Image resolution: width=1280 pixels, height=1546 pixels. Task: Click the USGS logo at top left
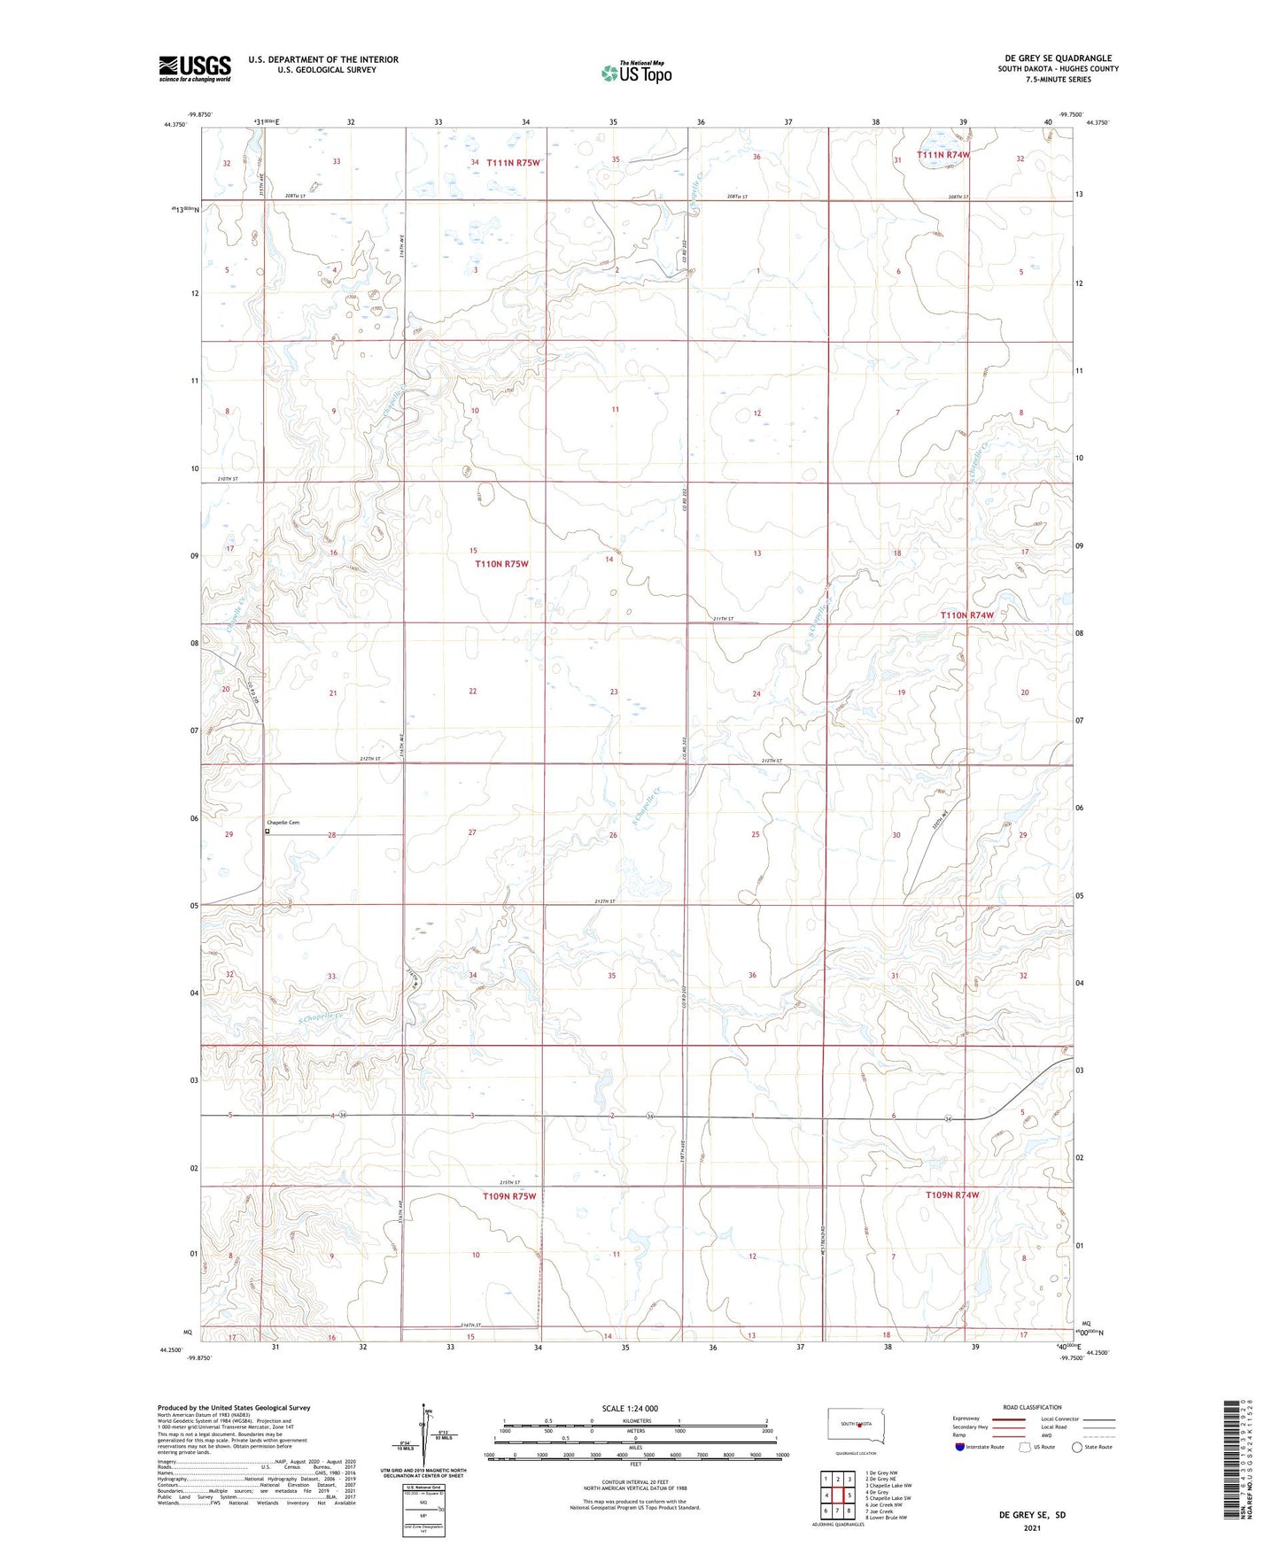[195, 68]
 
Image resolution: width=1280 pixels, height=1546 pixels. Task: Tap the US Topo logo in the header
[636, 72]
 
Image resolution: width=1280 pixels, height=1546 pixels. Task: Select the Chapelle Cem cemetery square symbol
[268, 831]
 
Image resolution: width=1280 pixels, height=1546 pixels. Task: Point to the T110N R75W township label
[501, 564]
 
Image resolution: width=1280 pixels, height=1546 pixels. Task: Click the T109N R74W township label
[952, 1194]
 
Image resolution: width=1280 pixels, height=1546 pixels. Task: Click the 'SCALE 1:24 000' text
[629, 1408]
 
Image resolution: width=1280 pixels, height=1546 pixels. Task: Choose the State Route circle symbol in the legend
[1076, 1447]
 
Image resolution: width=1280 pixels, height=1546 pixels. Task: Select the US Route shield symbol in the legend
[1025, 1447]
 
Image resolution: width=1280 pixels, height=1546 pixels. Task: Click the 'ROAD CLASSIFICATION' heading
[1032, 1407]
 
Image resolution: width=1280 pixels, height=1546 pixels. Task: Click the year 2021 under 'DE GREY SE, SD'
[1032, 1527]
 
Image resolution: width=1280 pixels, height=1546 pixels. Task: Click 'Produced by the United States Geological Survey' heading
[234, 1407]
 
